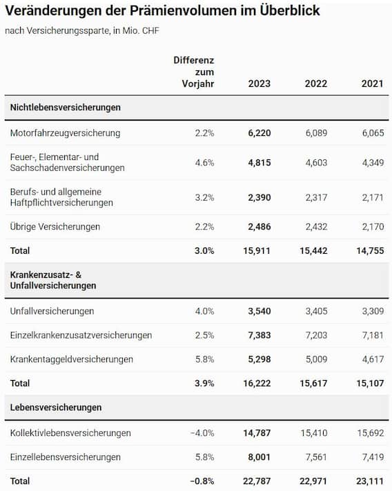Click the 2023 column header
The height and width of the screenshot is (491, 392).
click(259, 83)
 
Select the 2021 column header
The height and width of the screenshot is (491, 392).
click(372, 83)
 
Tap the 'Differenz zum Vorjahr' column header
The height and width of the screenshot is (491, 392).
click(194, 72)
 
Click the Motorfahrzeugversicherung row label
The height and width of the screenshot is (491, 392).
click(65, 133)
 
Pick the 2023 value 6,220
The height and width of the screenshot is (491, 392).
click(259, 133)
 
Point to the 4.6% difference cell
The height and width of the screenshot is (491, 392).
click(204, 163)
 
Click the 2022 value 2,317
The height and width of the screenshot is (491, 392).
click(316, 198)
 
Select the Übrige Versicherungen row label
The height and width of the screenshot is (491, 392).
click(55, 226)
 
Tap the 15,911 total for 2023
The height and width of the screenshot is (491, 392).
click(257, 251)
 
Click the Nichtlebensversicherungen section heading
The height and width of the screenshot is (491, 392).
click(65, 108)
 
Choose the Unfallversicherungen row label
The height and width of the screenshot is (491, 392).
click(52, 311)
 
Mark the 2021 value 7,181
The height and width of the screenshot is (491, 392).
click(373, 335)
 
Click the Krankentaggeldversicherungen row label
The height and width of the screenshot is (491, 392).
click(72, 359)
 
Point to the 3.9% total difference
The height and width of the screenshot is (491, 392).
click(204, 383)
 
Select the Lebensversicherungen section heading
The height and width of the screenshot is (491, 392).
click(56, 408)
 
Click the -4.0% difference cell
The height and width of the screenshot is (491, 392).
click(202, 433)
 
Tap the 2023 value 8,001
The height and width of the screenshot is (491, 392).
click(259, 457)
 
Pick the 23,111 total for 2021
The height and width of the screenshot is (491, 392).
click(370, 481)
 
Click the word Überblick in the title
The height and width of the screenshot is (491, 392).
click(290, 10)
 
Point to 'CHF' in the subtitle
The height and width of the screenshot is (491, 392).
click(150, 30)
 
